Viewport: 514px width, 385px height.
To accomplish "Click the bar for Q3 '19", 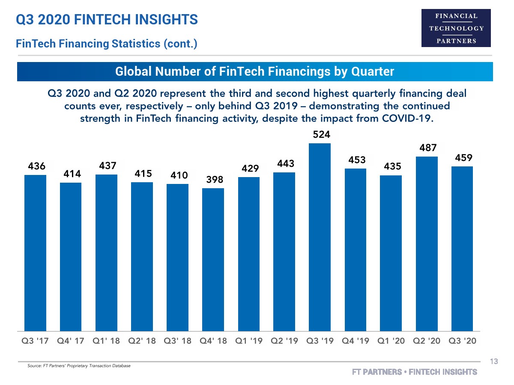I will [x=320, y=237].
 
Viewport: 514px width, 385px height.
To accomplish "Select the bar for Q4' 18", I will [x=213, y=260].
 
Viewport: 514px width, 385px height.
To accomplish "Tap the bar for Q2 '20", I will [x=427, y=244].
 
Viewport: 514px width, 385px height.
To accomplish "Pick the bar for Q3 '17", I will [x=35, y=253].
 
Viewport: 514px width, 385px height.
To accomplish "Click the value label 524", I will [x=321, y=135].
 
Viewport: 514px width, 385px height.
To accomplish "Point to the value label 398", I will [x=215, y=180].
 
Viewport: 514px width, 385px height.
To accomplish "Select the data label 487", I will [x=428, y=148].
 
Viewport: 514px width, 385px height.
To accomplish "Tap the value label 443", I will [x=285, y=164].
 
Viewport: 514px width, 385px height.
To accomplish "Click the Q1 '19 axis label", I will [x=248, y=341].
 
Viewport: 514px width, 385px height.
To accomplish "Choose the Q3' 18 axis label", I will [x=177, y=341].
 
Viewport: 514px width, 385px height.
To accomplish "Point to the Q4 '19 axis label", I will [x=355, y=341].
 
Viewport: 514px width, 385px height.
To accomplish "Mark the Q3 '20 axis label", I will [x=462, y=341].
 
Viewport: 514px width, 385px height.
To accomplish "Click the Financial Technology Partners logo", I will [x=456, y=28].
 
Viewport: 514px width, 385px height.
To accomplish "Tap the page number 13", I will [x=494, y=362].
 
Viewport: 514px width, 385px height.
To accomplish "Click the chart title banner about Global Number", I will [x=255, y=71].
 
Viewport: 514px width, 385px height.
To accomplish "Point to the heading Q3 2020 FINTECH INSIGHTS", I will [x=107, y=19].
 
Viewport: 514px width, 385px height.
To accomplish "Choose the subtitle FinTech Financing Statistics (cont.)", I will [x=106, y=44].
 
